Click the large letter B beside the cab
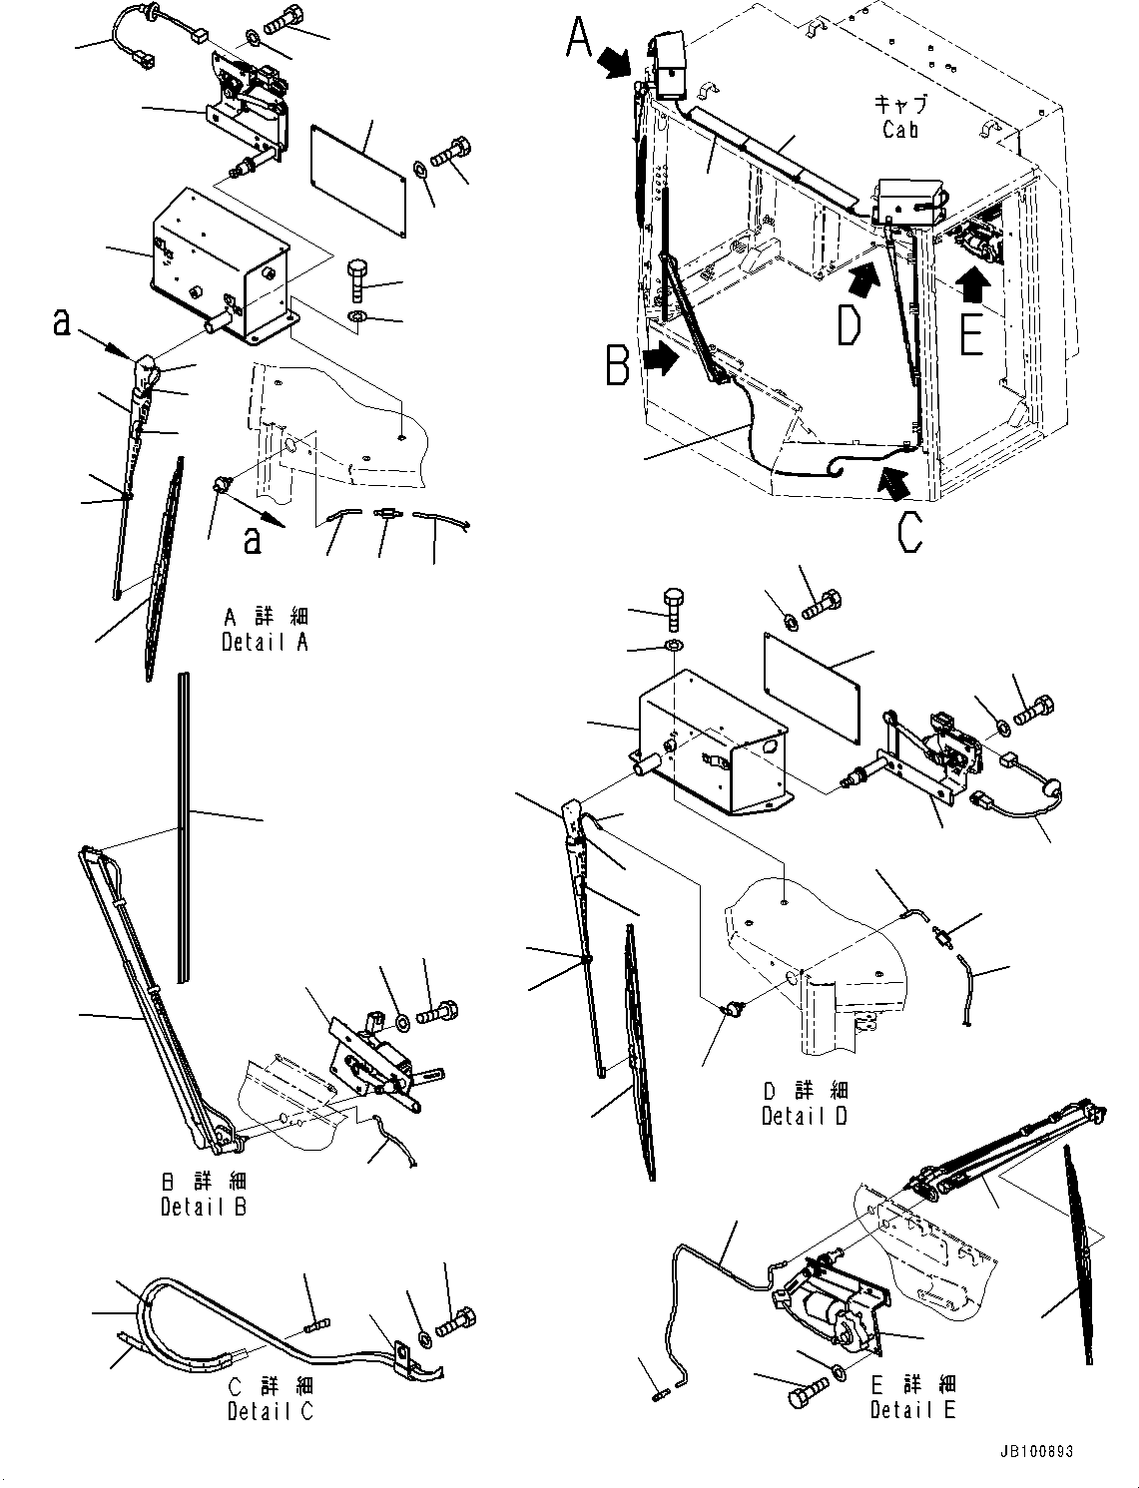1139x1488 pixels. [x=619, y=364]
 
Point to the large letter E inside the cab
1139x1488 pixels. [x=971, y=332]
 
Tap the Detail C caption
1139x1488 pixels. [x=270, y=1412]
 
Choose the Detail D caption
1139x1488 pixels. [x=804, y=1117]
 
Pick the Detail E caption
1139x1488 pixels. [x=912, y=1410]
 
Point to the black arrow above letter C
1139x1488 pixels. [x=894, y=483]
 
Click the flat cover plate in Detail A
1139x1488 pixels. [x=359, y=181]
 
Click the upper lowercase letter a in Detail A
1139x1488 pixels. [x=61, y=322]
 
